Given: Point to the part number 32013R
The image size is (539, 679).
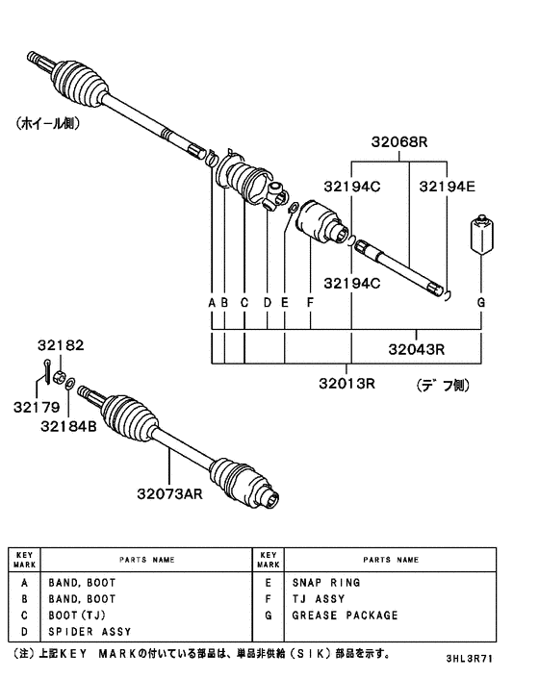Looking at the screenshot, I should coord(347,384).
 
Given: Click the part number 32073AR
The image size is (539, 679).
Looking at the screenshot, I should coord(169,495).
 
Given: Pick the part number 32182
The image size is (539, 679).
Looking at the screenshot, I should coord(62,344).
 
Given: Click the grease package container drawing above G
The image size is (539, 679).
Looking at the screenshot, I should coord(482,237).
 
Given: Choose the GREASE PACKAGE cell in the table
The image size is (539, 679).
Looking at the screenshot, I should coord(344,615).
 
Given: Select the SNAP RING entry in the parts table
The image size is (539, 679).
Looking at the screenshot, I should coord(326,583).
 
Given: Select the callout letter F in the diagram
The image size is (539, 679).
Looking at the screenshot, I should coord(310,302).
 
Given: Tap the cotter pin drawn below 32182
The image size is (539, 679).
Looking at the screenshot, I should coord(46,368).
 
